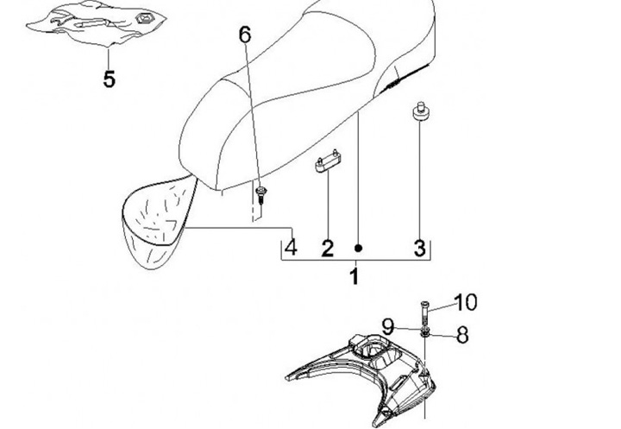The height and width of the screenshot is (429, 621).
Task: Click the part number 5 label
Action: (110, 79)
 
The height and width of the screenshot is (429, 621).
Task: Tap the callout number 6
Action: (245, 35)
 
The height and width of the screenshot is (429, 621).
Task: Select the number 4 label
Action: (292, 248)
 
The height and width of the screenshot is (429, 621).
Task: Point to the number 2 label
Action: (328, 249)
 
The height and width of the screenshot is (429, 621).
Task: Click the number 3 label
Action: (420, 249)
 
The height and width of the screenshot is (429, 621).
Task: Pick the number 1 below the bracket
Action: (354, 278)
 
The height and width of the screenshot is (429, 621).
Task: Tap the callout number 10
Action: (466, 302)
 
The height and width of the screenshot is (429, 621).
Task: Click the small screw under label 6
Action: (261, 189)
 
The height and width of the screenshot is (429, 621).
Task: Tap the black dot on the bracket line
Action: (358, 248)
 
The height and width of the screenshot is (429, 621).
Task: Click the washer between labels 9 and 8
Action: (425, 332)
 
